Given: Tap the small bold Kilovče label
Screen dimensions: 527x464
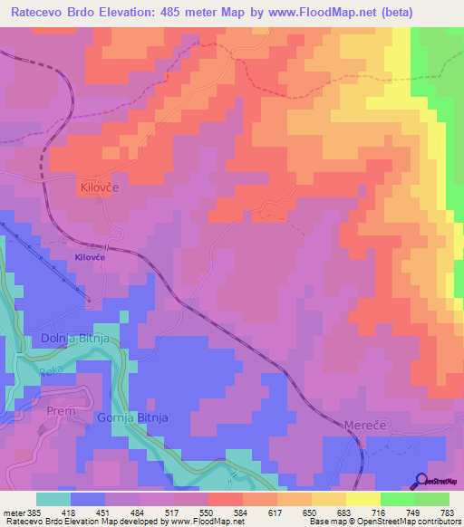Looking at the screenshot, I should click(x=91, y=257).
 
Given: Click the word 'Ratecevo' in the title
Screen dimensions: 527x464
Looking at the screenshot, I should click(x=39, y=13).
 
